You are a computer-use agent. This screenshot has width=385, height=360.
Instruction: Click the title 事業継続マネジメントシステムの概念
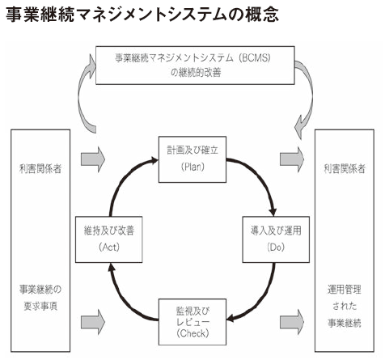point(142,14)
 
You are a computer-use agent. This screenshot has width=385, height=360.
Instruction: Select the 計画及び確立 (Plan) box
point(192,159)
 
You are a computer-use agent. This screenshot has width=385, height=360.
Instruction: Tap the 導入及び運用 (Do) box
point(276,239)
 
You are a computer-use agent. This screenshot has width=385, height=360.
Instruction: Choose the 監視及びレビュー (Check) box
point(192,322)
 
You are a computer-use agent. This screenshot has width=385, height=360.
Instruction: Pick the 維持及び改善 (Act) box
point(109,239)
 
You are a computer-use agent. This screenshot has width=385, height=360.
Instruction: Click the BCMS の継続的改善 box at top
point(195,66)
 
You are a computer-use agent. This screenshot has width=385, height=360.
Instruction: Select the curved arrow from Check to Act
point(124,302)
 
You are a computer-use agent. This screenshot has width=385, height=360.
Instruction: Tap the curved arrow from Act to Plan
point(123,178)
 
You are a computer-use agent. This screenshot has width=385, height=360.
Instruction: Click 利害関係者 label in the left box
point(40,169)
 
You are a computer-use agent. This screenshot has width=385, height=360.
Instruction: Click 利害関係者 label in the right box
point(345,169)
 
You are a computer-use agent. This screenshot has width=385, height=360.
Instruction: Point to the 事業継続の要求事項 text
point(40,298)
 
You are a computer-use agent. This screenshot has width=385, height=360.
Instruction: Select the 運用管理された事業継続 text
point(345,306)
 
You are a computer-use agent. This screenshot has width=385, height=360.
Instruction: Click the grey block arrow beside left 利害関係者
point(93,159)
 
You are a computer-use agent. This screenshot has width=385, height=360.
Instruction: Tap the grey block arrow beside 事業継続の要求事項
point(93,322)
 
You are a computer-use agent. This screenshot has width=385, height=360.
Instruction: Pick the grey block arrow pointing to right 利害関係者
point(292,159)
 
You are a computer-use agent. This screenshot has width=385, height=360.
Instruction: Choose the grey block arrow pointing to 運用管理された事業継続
point(292,322)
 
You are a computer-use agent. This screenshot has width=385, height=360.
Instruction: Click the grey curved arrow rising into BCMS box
point(80,95)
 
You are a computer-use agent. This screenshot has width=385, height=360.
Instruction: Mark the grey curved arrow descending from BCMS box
point(311,95)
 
